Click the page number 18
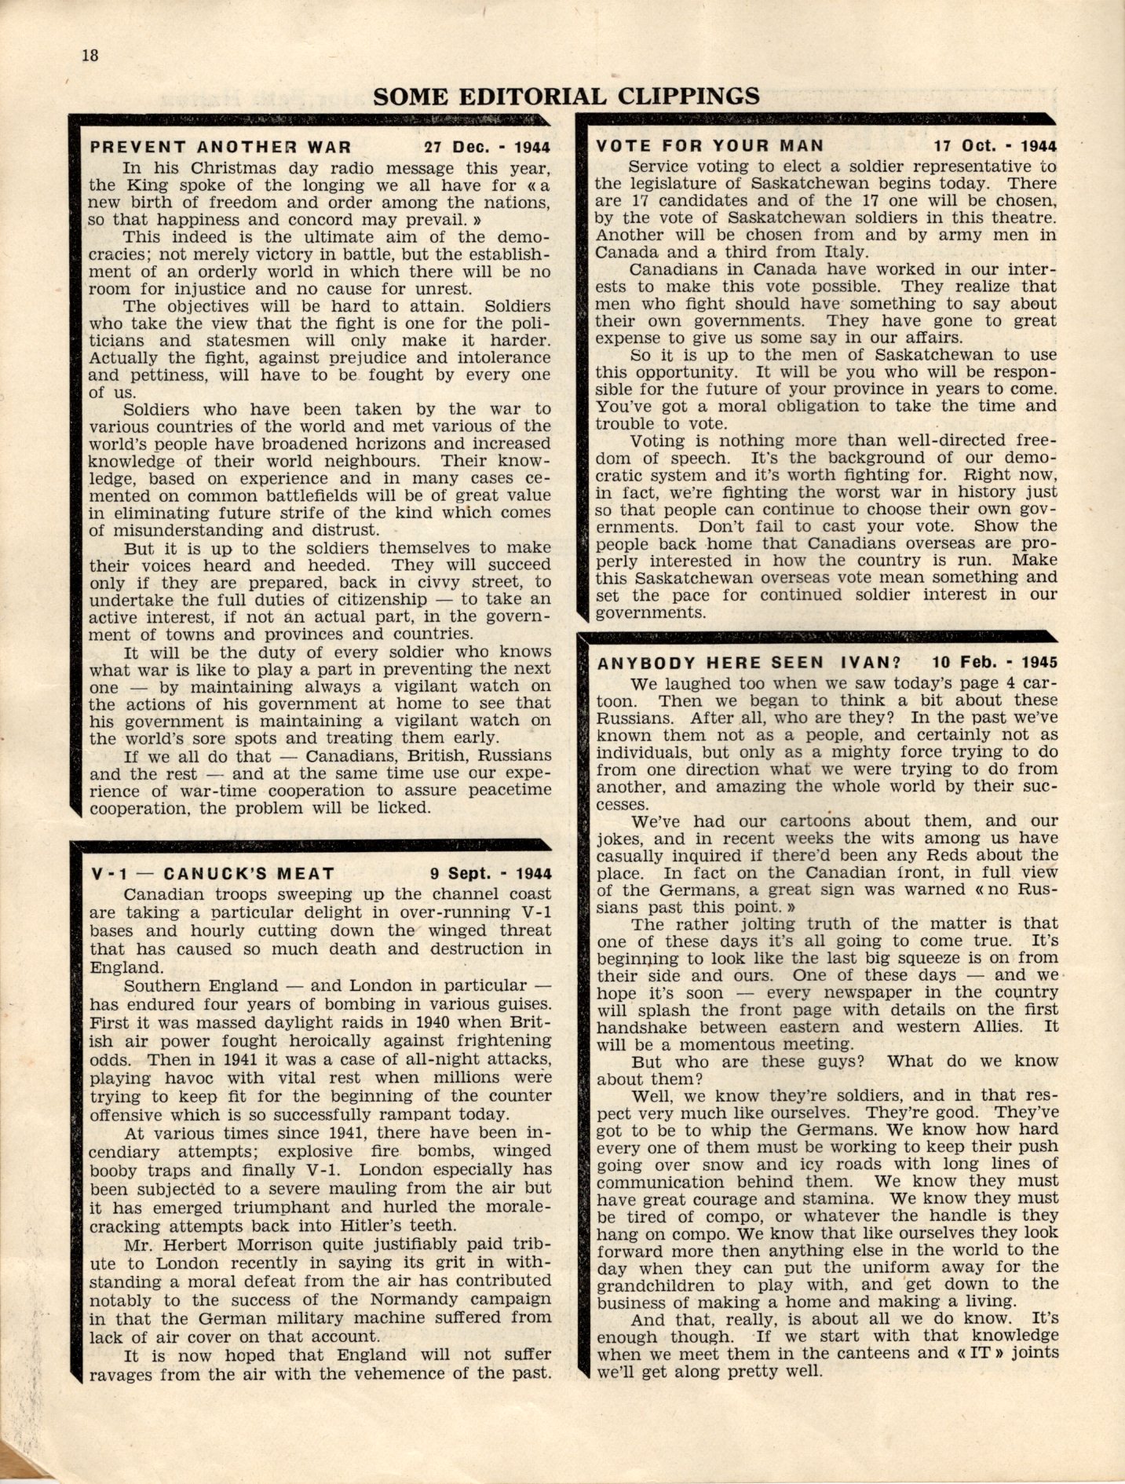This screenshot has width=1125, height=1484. (x=89, y=55)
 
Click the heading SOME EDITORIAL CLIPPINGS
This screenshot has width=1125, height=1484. (x=566, y=97)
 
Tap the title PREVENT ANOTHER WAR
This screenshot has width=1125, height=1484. (x=220, y=147)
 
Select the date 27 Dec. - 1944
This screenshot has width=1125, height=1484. (x=488, y=147)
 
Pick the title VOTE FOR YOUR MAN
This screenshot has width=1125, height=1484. (x=710, y=145)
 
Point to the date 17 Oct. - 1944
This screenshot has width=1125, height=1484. (x=995, y=146)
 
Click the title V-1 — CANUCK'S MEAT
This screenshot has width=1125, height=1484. (x=212, y=873)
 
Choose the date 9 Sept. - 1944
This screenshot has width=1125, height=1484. (x=490, y=873)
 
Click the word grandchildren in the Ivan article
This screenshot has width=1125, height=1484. (x=656, y=1285)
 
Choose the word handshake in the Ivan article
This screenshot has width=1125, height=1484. (x=641, y=1028)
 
